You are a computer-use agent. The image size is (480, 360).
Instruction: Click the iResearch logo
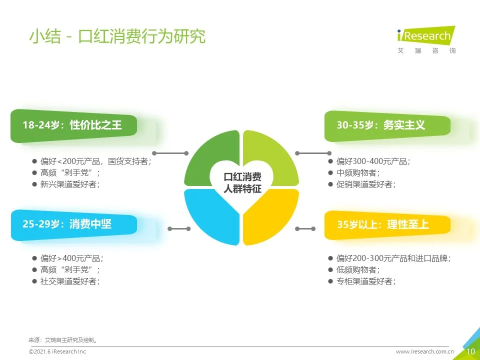(x=426, y=40)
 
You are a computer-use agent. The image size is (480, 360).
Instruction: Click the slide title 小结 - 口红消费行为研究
(x=117, y=36)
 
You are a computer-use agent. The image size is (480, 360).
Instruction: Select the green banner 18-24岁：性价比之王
(x=74, y=125)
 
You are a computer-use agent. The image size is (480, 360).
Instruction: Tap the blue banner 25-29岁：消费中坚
(x=74, y=224)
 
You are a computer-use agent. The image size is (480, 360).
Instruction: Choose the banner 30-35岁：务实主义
(x=387, y=126)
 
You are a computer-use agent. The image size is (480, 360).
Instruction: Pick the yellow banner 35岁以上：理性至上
(x=387, y=225)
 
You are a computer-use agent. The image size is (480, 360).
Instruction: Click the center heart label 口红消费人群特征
(x=242, y=183)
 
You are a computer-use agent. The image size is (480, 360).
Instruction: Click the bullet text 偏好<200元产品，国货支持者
(x=96, y=161)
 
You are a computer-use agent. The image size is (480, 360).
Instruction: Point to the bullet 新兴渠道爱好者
(x=70, y=184)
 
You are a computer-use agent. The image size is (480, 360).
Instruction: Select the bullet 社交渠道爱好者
(x=70, y=281)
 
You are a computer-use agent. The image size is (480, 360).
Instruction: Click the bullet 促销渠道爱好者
(x=366, y=184)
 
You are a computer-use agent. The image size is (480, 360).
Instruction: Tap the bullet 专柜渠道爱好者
(x=366, y=281)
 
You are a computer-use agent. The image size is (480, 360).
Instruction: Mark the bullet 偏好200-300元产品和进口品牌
(x=393, y=258)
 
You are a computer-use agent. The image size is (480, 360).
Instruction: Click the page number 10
(x=470, y=351)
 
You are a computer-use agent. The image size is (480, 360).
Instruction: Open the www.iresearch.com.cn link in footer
(x=424, y=351)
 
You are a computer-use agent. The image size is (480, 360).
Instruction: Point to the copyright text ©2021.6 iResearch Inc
(x=57, y=351)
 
